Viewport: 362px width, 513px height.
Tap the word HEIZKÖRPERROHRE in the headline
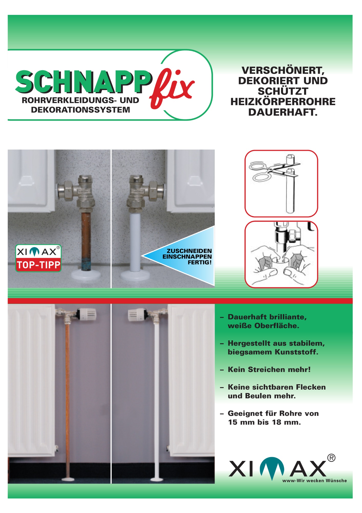pyautogui.click(x=283, y=102)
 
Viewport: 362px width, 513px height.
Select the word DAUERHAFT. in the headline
pyautogui.click(x=283, y=112)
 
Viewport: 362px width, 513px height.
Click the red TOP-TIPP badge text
pyautogui.click(x=38, y=265)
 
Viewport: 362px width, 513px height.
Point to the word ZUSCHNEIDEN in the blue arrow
pyautogui.click(x=189, y=251)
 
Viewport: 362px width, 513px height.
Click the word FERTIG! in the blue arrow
pyautogui.click(x=200, y=262)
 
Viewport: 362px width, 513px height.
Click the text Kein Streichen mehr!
pyautogui.click(x=269, y=370)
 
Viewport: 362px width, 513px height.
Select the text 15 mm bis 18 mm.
pyautogui.click(x=264, y=422)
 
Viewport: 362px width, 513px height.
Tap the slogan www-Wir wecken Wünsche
pyautogui.click(x=314, y=480)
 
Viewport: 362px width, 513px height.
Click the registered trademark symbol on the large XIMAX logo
pyautogui.click(x=331, y=458)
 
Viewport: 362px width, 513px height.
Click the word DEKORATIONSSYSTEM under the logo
pyautogui.click(x=80, y=110)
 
